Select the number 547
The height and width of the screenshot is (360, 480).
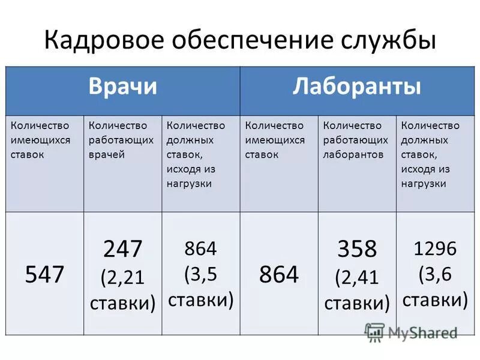click(x=44, y=275)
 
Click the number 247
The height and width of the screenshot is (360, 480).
click(x=122, y=248)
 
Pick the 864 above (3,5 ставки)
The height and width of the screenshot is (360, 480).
click(x=200, y=248)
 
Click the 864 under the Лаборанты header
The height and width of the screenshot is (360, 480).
click(x=278, y=275)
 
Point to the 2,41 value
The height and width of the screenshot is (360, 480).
click(x=360, y=277)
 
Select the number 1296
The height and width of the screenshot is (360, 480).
click(x=435, y=248)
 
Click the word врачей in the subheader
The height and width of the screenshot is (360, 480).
click(x=107, y=154)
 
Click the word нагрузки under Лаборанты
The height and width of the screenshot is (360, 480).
click(x=423, y=184)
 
